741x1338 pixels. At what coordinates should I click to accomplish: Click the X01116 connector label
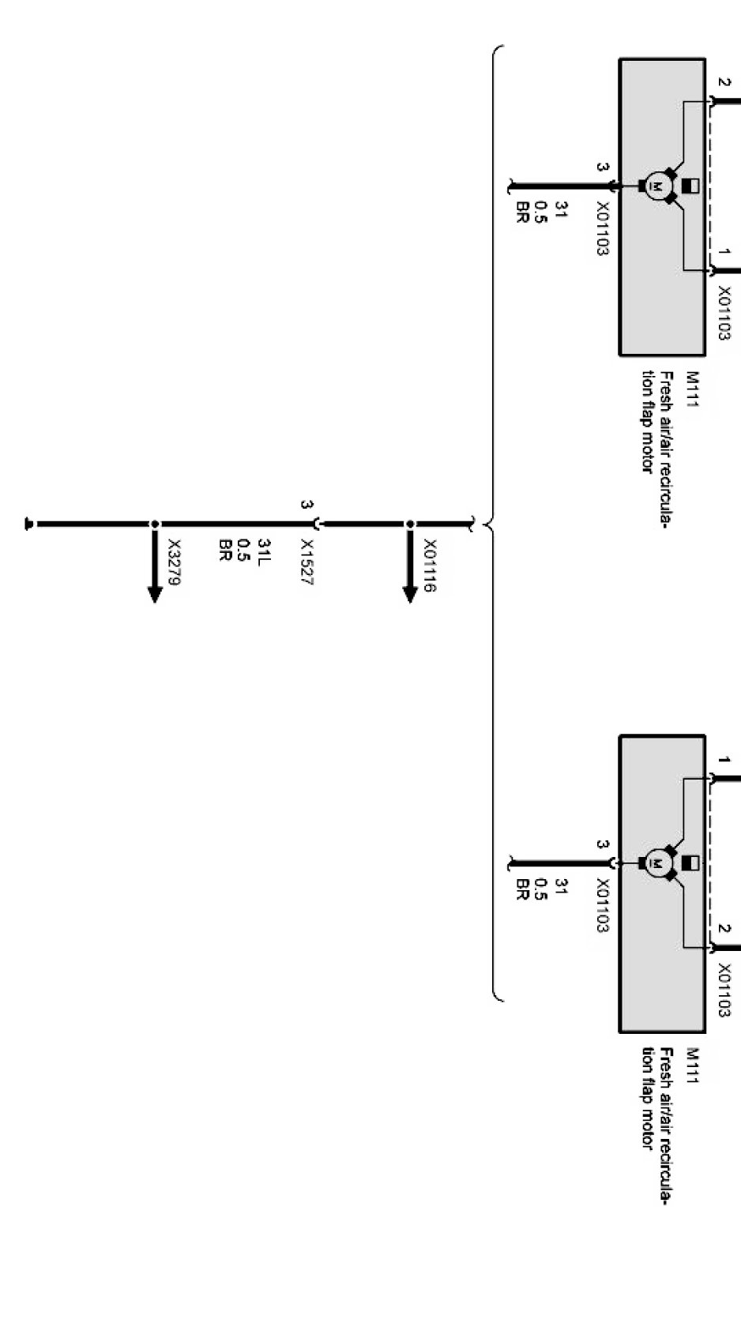[x=431, y=566]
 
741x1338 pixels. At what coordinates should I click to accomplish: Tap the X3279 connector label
[x=175, y=562]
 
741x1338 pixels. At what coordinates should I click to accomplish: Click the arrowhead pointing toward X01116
[x=410, y=594]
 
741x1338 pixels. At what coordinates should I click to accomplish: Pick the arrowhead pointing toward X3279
[x=156, y=594]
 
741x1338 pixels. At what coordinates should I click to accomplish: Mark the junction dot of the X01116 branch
[x=410, y=524]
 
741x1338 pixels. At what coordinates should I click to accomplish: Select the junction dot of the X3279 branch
[x=156, y=524]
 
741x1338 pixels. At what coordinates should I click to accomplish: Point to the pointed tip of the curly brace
[x=483, y=524]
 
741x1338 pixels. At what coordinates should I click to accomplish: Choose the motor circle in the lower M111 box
[x=656, y=863]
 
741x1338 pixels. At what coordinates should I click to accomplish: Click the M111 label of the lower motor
[x=693, y=1066]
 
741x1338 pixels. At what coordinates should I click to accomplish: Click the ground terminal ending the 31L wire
[x=29, y=524]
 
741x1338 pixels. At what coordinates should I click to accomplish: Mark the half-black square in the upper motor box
[x=689, y=186]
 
